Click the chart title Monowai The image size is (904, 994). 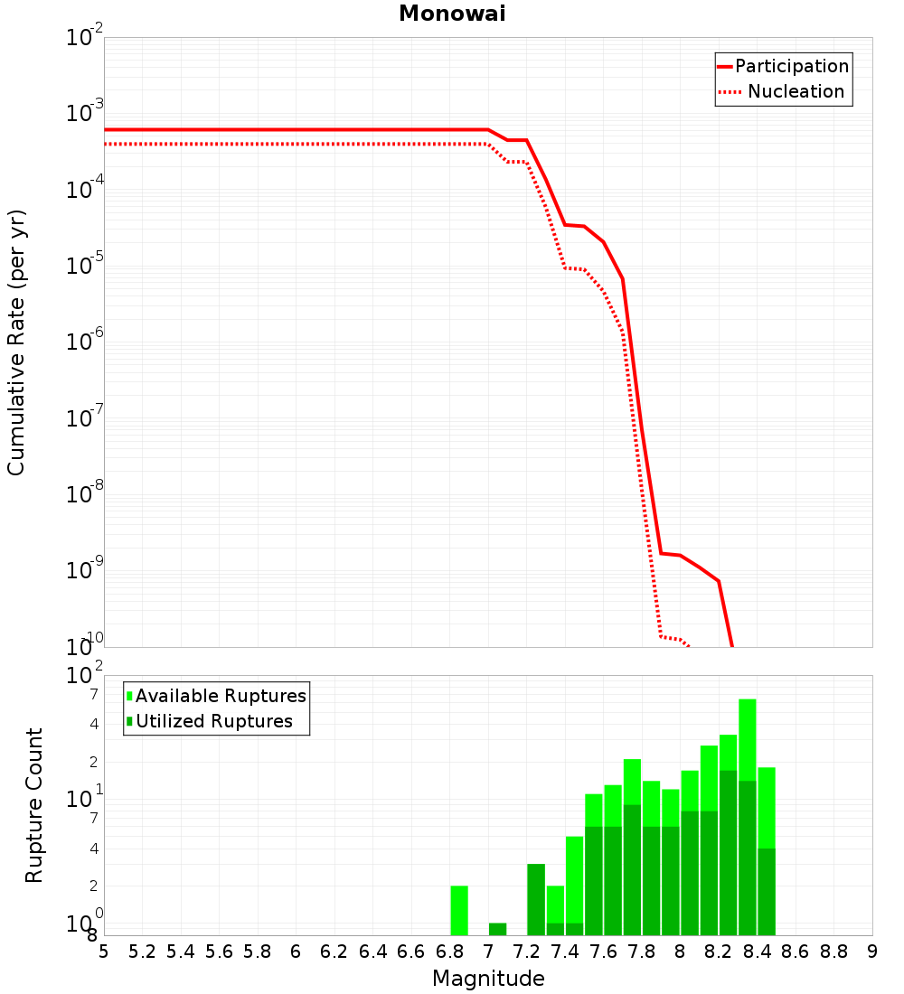coord(452,14)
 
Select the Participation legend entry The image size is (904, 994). coord(783,66)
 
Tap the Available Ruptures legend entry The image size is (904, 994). coord(216,696)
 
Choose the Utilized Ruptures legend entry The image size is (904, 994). coord(210,721)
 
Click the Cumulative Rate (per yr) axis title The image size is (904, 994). coord(16,342)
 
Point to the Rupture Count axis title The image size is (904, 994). coord(33,805)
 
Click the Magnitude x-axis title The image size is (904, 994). coord(488,979)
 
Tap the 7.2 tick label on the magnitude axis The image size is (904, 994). coord(526,952)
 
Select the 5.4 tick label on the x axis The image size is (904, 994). coord(181,952)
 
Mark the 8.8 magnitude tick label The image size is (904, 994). coord(833,952)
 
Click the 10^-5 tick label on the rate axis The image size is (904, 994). coord(84,264)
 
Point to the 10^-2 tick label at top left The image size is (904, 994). coord(84,35)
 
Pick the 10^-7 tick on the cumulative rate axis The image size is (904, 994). coord(84,417)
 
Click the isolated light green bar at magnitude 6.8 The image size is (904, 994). coord(459,910)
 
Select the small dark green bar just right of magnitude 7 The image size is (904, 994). coord(498,929)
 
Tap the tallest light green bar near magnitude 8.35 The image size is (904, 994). coord(748,740)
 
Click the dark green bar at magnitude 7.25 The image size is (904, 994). coord(536,899)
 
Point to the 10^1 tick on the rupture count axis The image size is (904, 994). coord(84,798)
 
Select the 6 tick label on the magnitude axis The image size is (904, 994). coord(296,952)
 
